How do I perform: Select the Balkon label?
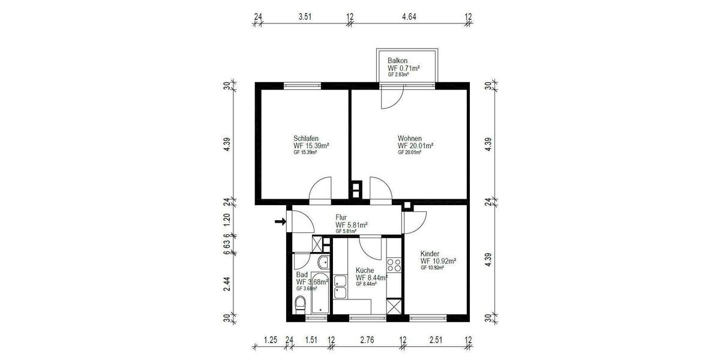coord(398,61)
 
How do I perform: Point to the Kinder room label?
coord(431,254)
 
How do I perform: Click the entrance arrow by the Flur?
coord(280,222)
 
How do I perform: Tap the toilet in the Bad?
coord(301,305)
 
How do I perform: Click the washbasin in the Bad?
coord(323,262)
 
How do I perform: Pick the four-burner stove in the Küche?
coord(394,264)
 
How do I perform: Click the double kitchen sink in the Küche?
coord(340,287)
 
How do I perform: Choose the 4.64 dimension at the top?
coord(409,17)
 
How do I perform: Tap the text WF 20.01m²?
coord(415,146)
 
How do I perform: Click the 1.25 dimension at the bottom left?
coord(271,340)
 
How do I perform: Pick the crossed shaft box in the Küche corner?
coord(394,307)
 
